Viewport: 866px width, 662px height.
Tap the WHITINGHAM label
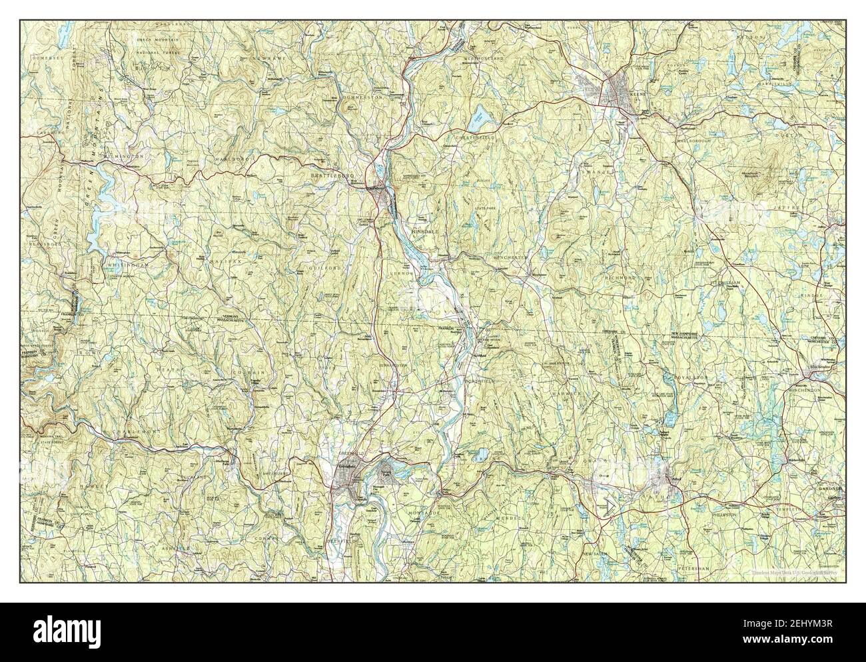pos(127,265)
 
